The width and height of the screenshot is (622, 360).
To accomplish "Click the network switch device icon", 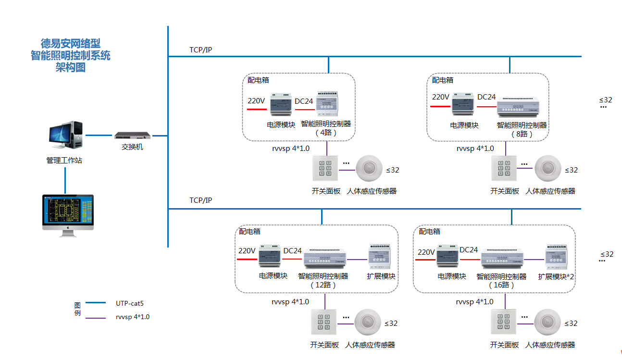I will point(132,136).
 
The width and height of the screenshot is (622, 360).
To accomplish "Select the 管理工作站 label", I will point(64,160).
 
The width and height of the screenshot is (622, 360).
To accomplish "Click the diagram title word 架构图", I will point(71,67).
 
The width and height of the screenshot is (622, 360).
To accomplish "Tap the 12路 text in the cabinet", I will point(323,285).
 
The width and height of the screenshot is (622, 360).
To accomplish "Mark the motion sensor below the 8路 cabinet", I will point(548,168).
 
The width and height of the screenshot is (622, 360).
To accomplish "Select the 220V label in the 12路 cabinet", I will point(247,250).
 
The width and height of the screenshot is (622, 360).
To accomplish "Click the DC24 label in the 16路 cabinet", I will point(469,250).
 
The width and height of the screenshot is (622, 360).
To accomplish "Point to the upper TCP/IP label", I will point(200,50).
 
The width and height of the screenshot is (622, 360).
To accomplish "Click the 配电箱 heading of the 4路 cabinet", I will point(259,80).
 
